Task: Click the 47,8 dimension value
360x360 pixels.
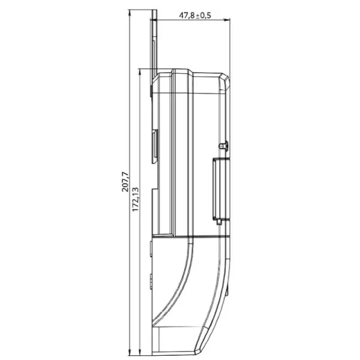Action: [187, 16]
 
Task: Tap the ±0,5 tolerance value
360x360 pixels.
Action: [203, 16]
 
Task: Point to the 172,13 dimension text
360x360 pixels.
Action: [136, 199]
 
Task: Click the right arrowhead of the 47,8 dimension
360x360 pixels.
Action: [227, 20]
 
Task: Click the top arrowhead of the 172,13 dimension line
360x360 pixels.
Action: [140, 72]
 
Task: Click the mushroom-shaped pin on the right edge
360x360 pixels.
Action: [224, 146]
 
